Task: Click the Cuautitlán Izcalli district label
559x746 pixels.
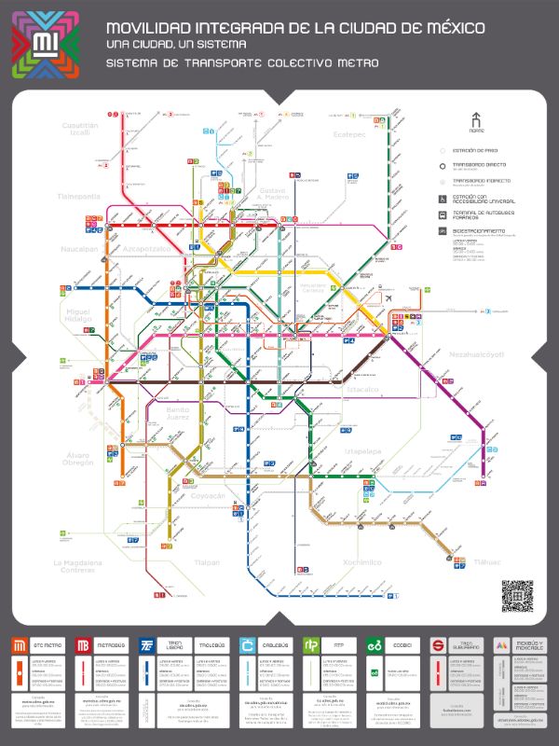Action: pyautogui.click(x=79, y=129)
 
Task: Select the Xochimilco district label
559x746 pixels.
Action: pyautogui.click(x=361, y=562)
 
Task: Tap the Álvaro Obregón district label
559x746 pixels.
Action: pyautogui.click(x=78, y=459)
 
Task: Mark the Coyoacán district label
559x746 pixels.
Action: pyautogui.click(x=209, y=496)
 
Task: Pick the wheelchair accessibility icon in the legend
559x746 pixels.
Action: pyautogui.click(x=443, y=199)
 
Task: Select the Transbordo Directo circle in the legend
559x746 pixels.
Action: pyautogui.click(x=443, y=165)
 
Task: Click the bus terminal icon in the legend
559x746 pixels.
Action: pyautogui.click(x=443, y=214)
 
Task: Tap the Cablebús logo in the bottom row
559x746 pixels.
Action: pyautogui.click(x=247, y=645)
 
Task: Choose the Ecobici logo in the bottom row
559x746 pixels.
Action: pyautogui.click(x=375, y=645)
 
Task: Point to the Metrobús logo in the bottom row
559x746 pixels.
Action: pyautogui.click(x=83, y=645)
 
